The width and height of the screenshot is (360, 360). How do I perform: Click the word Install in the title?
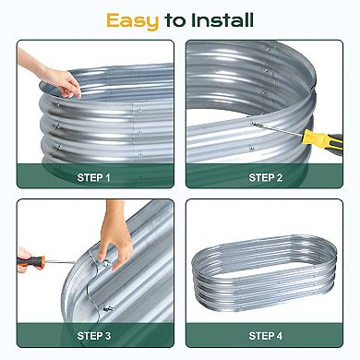pyautogui.click(x=222, y=20)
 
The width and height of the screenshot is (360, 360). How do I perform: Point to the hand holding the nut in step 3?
pyautogui.click(x=114, y=243)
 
